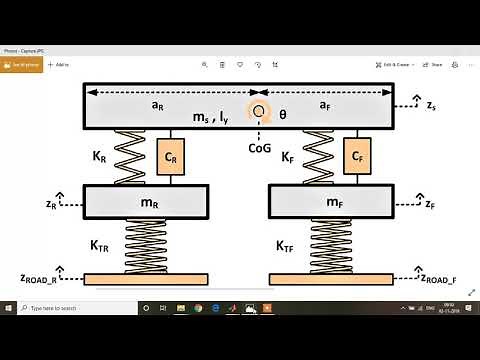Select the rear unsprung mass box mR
click(147, 203)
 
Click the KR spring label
click(99, 156)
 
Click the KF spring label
click(288, 156)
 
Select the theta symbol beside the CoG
click(282, 115)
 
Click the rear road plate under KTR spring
click(146, 277)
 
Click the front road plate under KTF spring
click(332, 277)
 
